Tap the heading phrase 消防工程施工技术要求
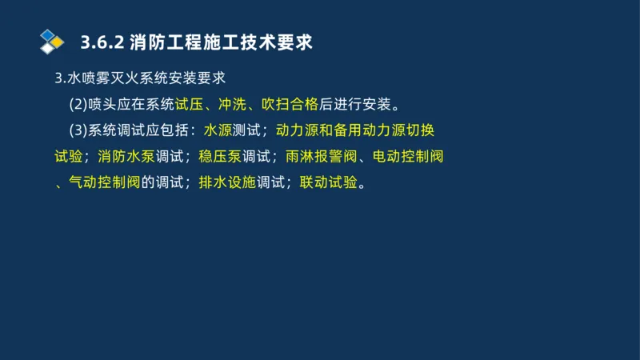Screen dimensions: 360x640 (220, 42)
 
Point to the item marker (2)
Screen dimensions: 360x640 (79, 104)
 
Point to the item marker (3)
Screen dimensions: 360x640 (79, 130)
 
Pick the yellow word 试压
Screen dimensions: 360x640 (189, 104)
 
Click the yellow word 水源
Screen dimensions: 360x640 (218, 130)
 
